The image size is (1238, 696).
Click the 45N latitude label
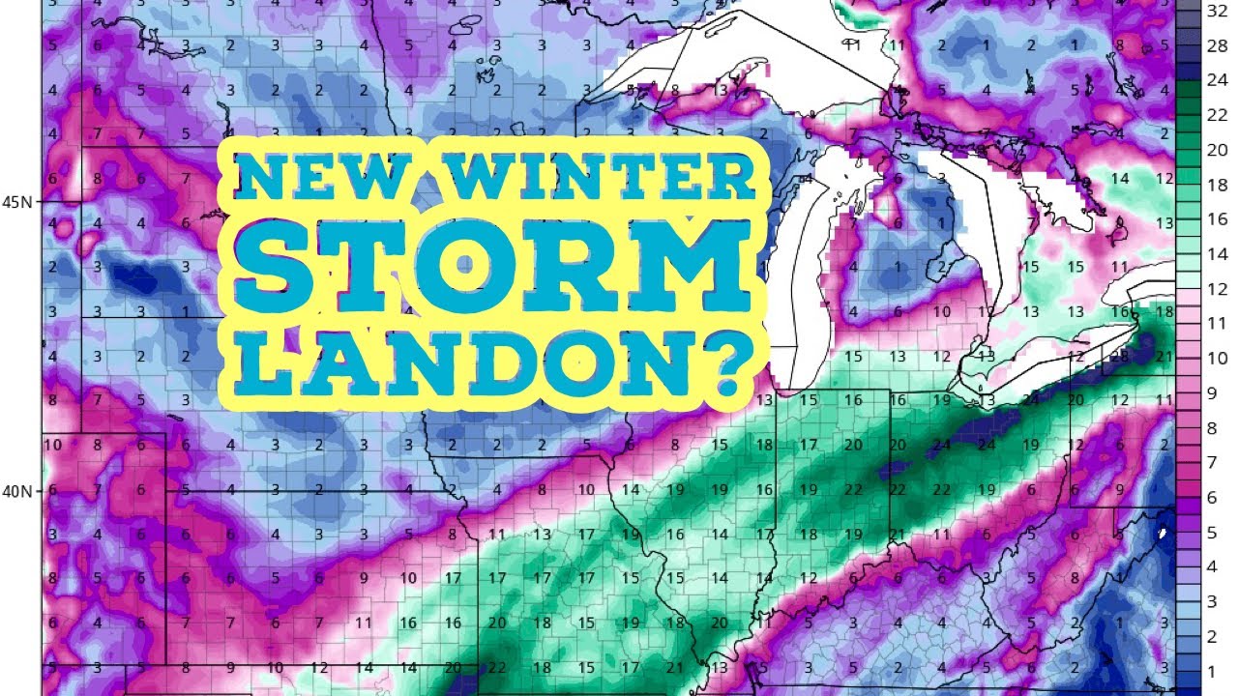[x=16, y=202]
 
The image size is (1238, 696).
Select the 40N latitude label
[x=16, y=491]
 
